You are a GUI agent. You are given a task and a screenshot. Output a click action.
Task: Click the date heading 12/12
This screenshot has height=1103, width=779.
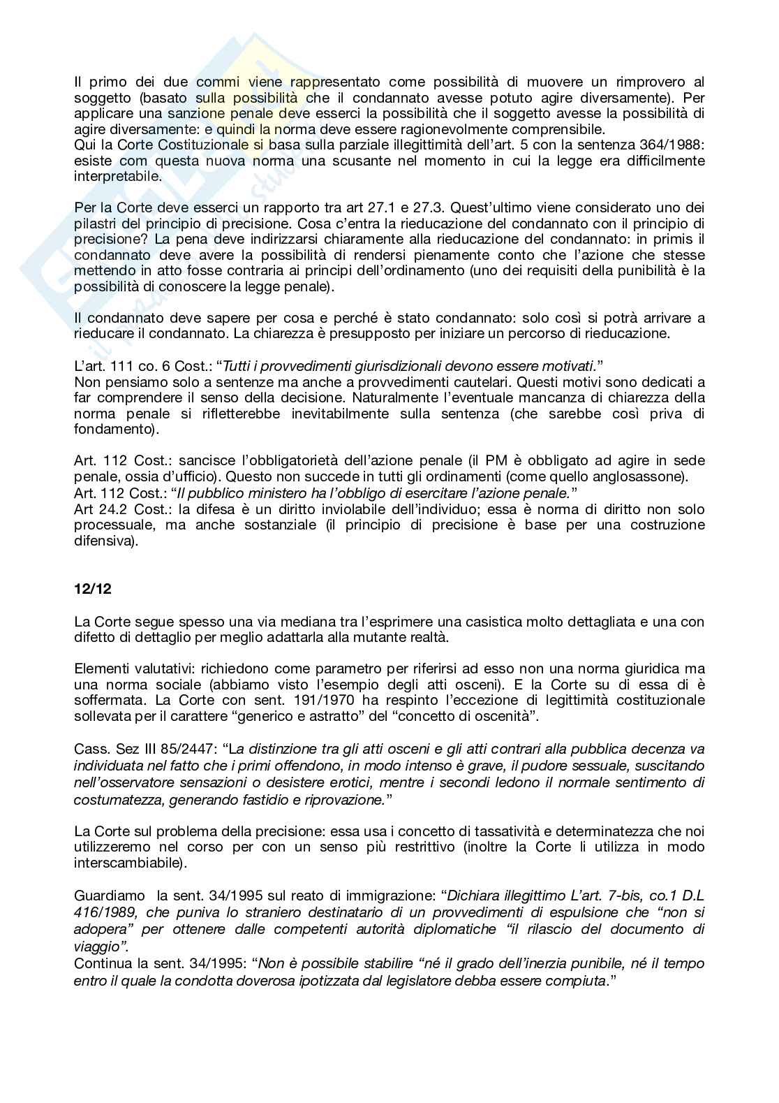(x=92, y=589)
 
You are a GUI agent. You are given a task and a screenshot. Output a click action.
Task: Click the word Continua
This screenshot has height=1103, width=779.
(x=102, y=964)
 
